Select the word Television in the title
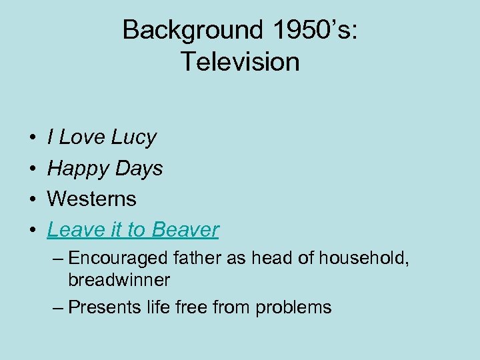240,61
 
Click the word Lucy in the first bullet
134,137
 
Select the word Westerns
92,199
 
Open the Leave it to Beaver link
133,229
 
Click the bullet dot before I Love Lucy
33,139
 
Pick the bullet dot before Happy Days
33,169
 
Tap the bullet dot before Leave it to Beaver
33,231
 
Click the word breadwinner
119,280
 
